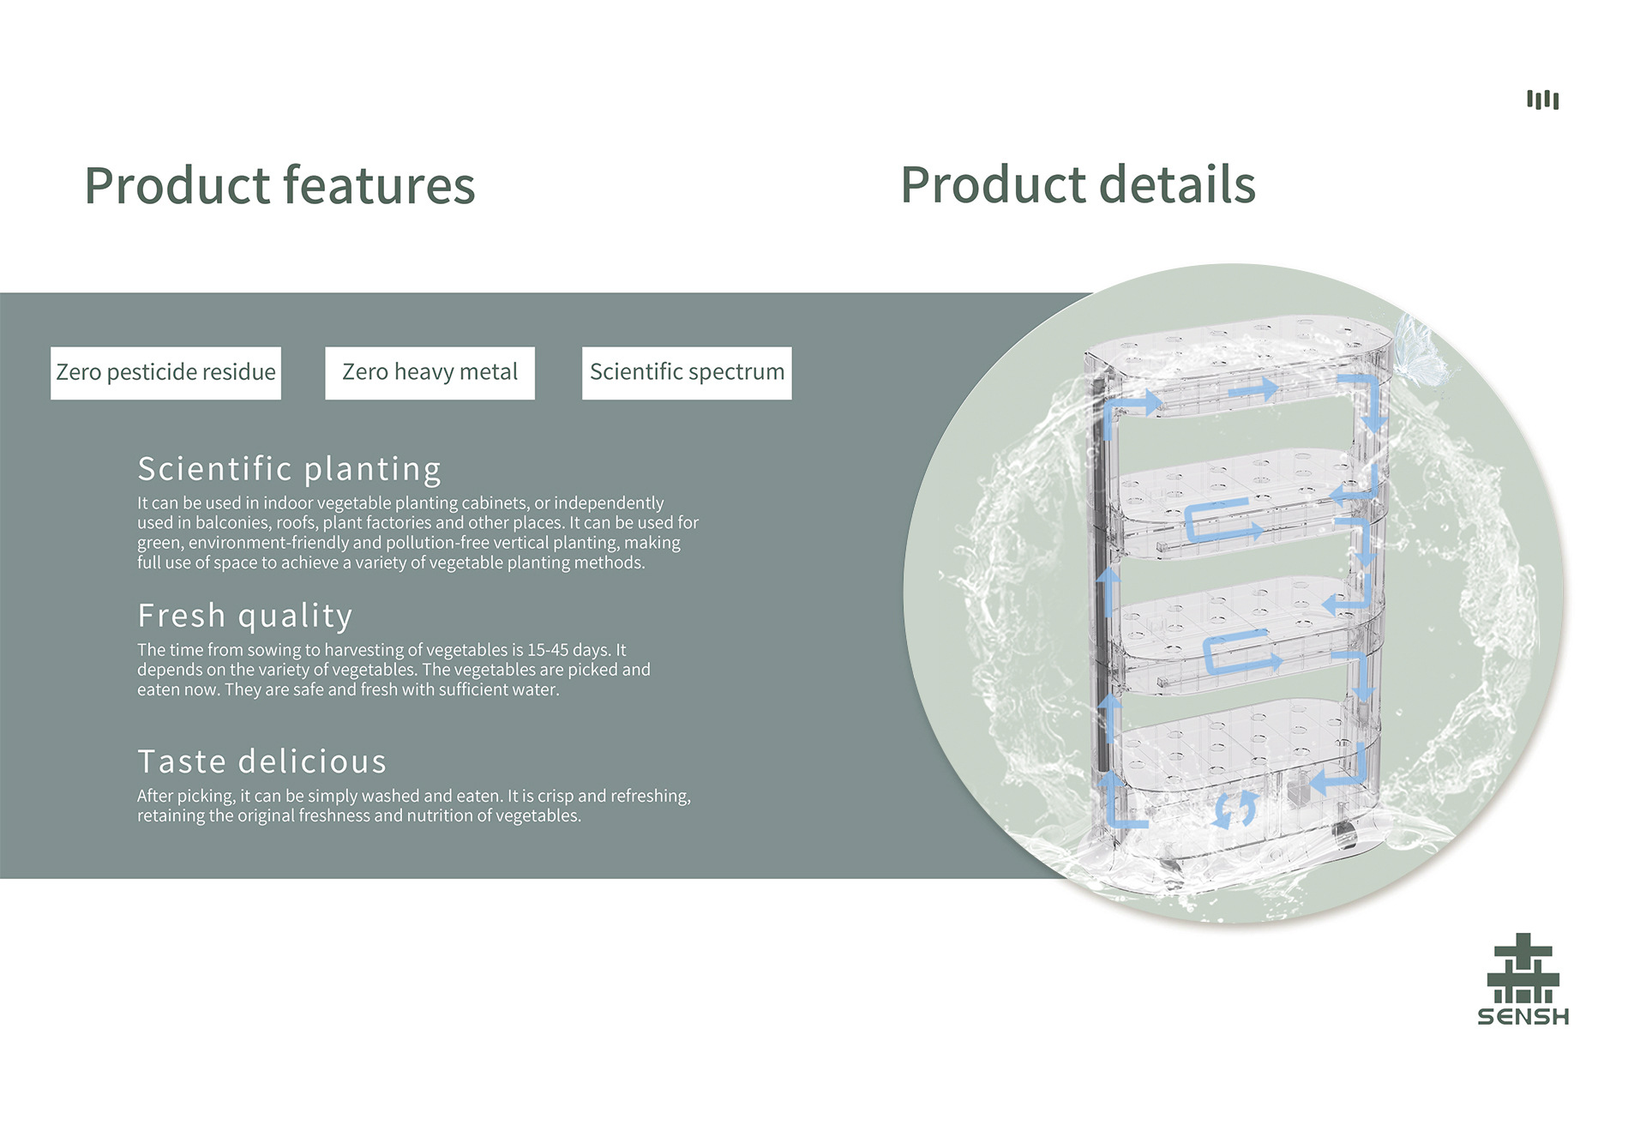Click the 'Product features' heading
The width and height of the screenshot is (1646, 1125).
coord(279,185)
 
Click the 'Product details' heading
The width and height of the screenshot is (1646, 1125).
coord(1078,185)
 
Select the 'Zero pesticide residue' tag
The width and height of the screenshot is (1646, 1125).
coord(165,372)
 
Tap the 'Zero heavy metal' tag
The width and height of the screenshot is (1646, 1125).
coord(430,372)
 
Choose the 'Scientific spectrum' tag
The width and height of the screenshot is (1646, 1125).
coord(687,372)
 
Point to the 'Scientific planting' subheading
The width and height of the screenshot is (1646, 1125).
coord(289,469)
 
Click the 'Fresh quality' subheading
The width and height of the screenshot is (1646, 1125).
coord(245,616)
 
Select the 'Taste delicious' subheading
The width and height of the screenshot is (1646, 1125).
coord(261,761)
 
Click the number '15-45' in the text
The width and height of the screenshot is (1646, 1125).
coord(550,650)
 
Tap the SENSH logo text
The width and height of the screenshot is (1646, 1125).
coord(1523,1017)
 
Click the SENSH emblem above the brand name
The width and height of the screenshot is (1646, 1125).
coord(1523,969)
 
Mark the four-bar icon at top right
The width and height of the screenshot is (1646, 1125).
coord(1542,99)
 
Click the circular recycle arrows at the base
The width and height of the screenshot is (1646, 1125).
coord(1235,808)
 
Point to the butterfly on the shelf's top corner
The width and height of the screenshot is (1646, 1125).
coord(1419,347)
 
